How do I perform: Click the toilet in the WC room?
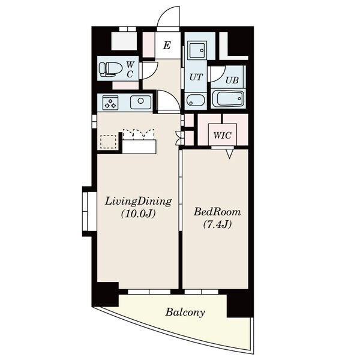[110, 69]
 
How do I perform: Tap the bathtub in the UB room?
[228, 99]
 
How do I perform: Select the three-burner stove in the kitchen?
[110, 103]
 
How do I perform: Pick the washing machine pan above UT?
[197, 50]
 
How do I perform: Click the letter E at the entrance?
[167, 46]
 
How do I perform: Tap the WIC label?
[222, 135]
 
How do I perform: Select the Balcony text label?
[185, 313]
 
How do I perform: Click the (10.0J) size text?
[139, 214]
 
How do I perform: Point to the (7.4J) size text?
[217, 224]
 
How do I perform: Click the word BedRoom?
[217, 212]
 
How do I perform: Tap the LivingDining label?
[139, 202]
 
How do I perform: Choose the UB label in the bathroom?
[232, 80]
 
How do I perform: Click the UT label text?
[196, 77]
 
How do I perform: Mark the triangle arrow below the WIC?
[229, 154]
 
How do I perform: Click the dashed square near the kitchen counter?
[108, 142]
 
